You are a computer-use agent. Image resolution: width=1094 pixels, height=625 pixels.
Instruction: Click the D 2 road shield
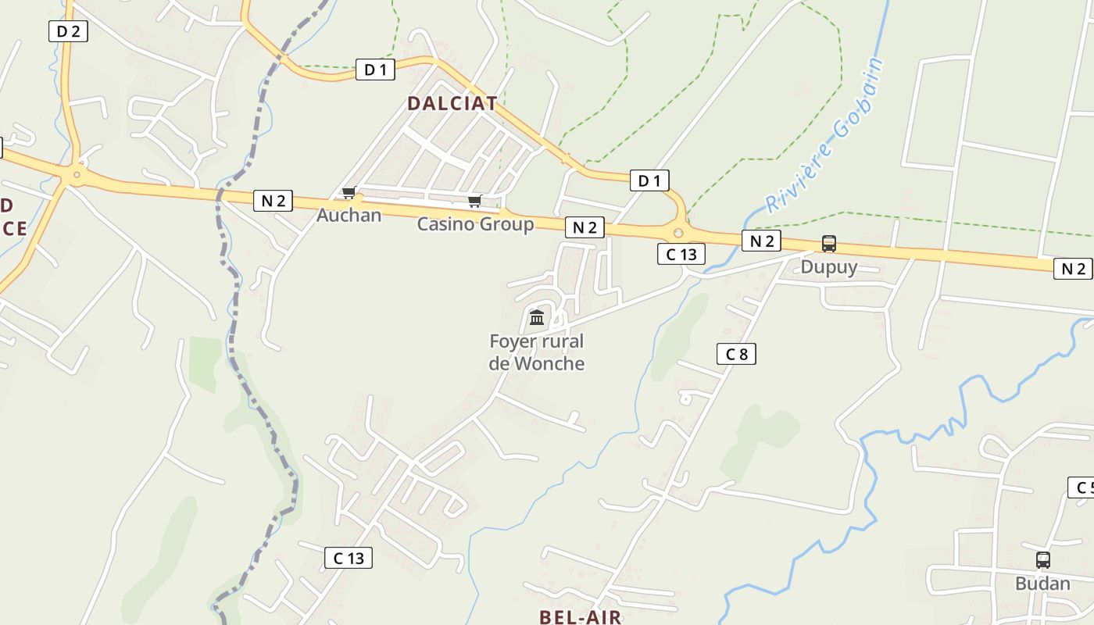[68, 31]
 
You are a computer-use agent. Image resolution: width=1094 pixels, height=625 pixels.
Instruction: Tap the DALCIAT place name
[452, 103]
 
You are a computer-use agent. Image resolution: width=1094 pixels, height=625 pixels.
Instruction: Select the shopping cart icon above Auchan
[349, 192]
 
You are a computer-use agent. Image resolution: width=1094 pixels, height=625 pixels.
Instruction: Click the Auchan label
[349, 215]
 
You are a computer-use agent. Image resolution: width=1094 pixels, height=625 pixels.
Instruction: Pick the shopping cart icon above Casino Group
[474, 202]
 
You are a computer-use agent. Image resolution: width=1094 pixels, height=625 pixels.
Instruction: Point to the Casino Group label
[475, 224]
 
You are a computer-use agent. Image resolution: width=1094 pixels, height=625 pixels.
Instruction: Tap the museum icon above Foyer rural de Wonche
[537, 317]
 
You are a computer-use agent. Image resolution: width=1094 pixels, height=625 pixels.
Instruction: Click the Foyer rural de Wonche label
[537, 352]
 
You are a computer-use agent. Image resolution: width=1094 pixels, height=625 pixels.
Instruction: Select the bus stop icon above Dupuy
[829, 244]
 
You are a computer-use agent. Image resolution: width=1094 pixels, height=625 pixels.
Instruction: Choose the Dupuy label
[829, 267]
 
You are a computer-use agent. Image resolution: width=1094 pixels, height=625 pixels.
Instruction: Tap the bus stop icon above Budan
[1043, 559]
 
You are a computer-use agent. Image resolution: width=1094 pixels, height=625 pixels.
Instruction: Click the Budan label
[1042, 584]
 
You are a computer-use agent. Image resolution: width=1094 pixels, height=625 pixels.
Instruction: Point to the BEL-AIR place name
[581, 616]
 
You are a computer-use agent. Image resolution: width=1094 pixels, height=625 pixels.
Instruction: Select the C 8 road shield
[736, 354]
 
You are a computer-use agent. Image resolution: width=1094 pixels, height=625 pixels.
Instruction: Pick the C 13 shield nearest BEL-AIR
[349, 558]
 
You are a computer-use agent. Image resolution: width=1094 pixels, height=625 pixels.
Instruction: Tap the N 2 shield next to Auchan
[273, 201]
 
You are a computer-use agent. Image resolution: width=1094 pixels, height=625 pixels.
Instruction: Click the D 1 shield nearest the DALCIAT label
[375, 70]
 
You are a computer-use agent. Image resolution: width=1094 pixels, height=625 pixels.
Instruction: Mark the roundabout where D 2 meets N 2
[76, 175]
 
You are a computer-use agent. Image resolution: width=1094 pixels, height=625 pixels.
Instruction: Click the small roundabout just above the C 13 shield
[677, 232]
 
